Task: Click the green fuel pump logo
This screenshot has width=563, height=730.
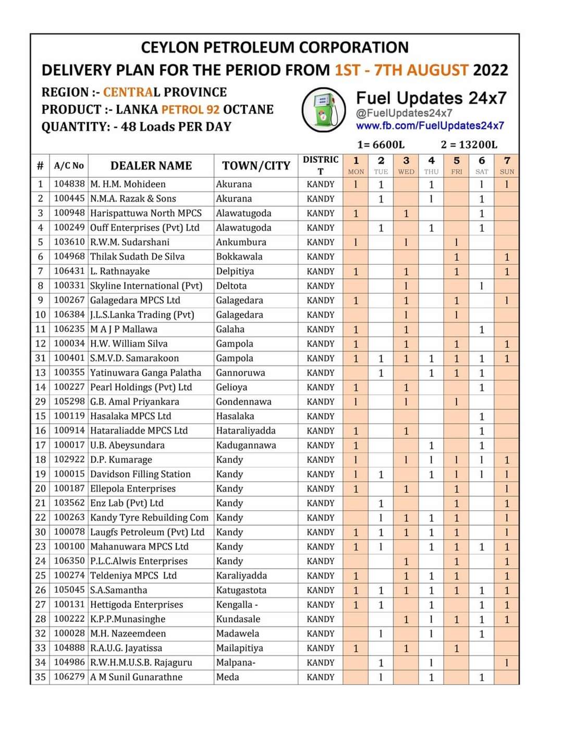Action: pyautogui.click(x=324, y=110)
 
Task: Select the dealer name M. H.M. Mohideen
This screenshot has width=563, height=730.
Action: pyautogui.click(x=128, y=184)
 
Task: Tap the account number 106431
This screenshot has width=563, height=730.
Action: pyautogui.click(x=69, y=271)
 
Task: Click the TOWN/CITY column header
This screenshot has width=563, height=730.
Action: pyautogui.click(x=256, y=166)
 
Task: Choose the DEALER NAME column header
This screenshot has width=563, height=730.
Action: pyautogui.click(x=151, y=166)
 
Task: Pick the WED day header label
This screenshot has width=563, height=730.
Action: pyautogui.click(x=406, y=172)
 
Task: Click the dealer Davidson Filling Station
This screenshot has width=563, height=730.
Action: pyautogui.click(x=140, y=474)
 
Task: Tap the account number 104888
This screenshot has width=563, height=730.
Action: pyautogui.click(x=69, y=648)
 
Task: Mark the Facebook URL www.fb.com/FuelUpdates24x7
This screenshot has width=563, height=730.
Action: pyautogui.click(x=430, y=126)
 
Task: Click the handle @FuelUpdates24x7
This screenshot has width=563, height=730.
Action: pyautogui.click(x=404, y=113)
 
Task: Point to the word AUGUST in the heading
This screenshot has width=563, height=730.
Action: pyautogui.click(x=437, y=70)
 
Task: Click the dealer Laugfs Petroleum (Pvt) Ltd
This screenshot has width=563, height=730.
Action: pyautogui.click(x=147, y=532)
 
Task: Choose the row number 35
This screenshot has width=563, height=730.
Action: pyautogui.click(x=40, y=677)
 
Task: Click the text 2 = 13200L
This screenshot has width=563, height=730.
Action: pyautogui.click(x=469, y=145)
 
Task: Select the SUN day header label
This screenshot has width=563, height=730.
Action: pyautogui.click(x=507, y=172)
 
